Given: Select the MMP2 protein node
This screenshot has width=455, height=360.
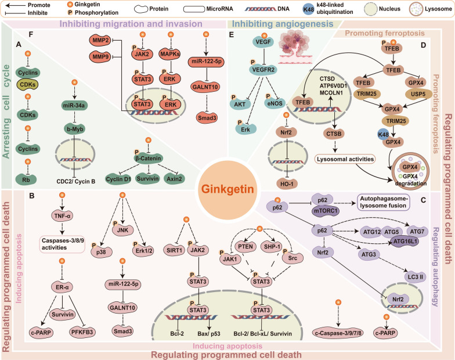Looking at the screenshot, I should [99, 39].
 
